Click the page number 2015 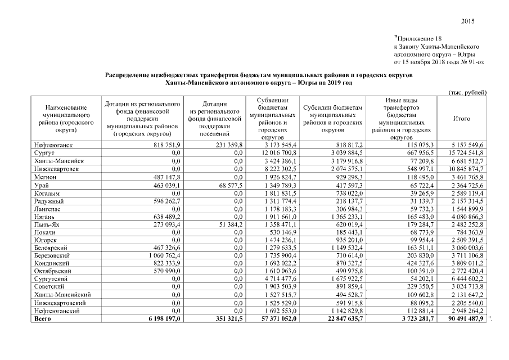[x=468, y=21]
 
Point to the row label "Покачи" [x=46, y=231]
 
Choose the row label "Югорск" [x=45, y=238]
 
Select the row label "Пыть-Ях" [x=47, y=224]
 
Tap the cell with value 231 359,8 [x=228, y=145]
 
